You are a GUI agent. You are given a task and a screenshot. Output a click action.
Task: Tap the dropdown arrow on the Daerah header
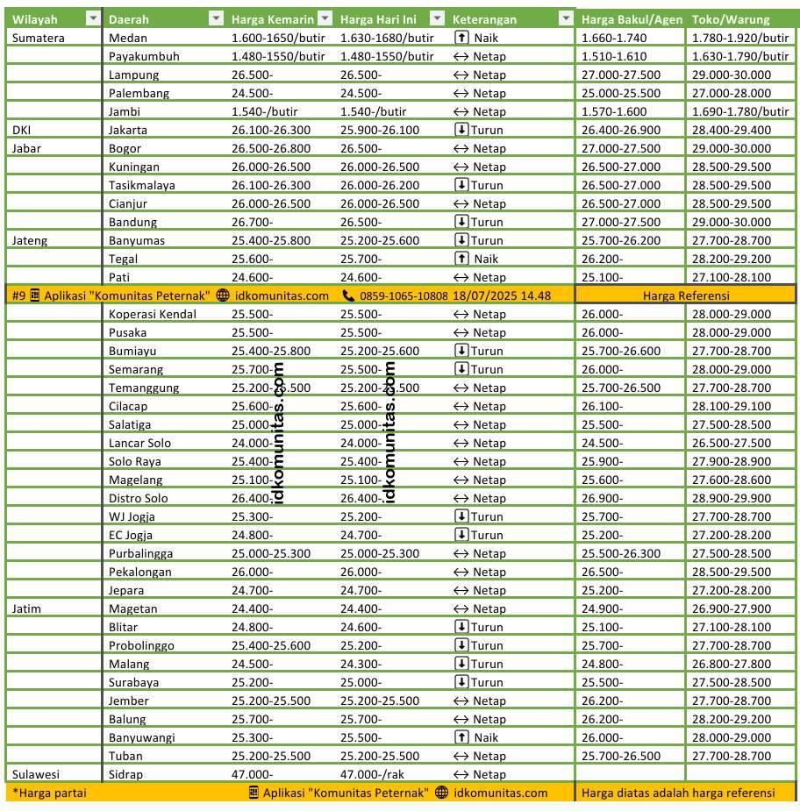coord(216,19)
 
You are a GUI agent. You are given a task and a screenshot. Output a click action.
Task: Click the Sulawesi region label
coord(36,774)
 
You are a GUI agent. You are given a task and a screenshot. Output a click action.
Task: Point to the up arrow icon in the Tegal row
coord(462,259)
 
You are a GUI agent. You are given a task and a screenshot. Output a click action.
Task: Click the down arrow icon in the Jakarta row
coord(462,130)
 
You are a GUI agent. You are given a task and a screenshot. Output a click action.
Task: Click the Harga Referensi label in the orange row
coord(686,295)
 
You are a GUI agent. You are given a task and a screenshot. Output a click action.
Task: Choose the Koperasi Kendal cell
coord(153,314)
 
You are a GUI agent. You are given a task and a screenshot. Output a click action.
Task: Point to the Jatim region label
coord(27,608)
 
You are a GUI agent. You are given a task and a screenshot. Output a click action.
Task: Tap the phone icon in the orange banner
coord(349,295)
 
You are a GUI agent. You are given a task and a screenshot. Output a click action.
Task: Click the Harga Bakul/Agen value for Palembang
coord(620,93)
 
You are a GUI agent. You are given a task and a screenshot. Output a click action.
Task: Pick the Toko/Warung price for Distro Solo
coord(731,498)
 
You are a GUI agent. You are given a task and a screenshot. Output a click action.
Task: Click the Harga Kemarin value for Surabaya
coord(253,682)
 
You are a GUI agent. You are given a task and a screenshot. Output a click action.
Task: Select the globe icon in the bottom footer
coord(441,793)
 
